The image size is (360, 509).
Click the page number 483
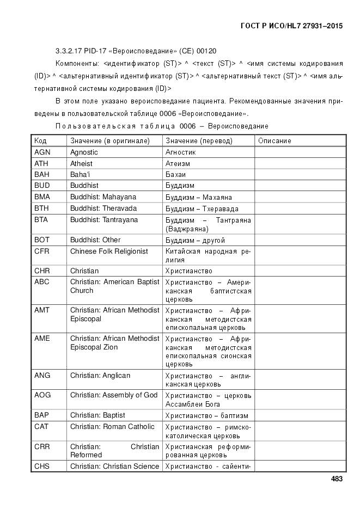(336, 479)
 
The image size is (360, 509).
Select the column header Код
(40, 140)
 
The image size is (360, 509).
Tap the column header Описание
(274, 140)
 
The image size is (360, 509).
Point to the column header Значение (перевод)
(199, 140)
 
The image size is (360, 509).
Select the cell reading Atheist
(81, 163)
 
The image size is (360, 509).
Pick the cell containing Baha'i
(80, 175)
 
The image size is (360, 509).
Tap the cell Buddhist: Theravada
(103, 208)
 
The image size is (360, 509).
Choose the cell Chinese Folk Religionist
(109, 251)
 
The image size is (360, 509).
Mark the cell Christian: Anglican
(100, 376)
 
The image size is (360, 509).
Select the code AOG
(42, 395)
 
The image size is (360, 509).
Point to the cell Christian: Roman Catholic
(112, 427)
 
